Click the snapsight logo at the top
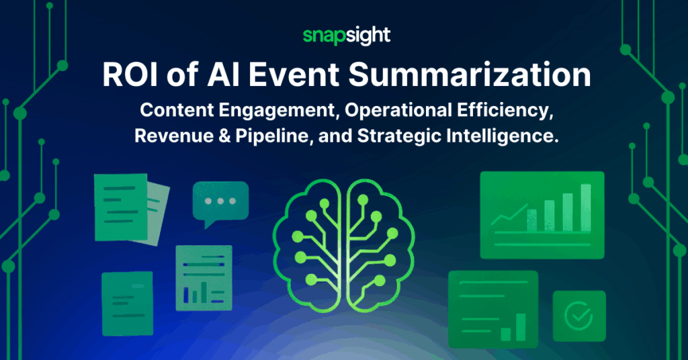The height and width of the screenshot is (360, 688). click(x=343, y=36)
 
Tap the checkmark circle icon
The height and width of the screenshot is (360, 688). click(x=578, y=314)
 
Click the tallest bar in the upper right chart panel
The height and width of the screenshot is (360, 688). click(x=585, y=207)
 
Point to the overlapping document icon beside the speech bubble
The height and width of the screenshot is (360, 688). click(x=128, y=208)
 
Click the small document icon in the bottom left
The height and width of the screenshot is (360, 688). click(x=127, y=303)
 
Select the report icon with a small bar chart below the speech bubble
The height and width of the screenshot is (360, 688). click(x=198, y=277)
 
